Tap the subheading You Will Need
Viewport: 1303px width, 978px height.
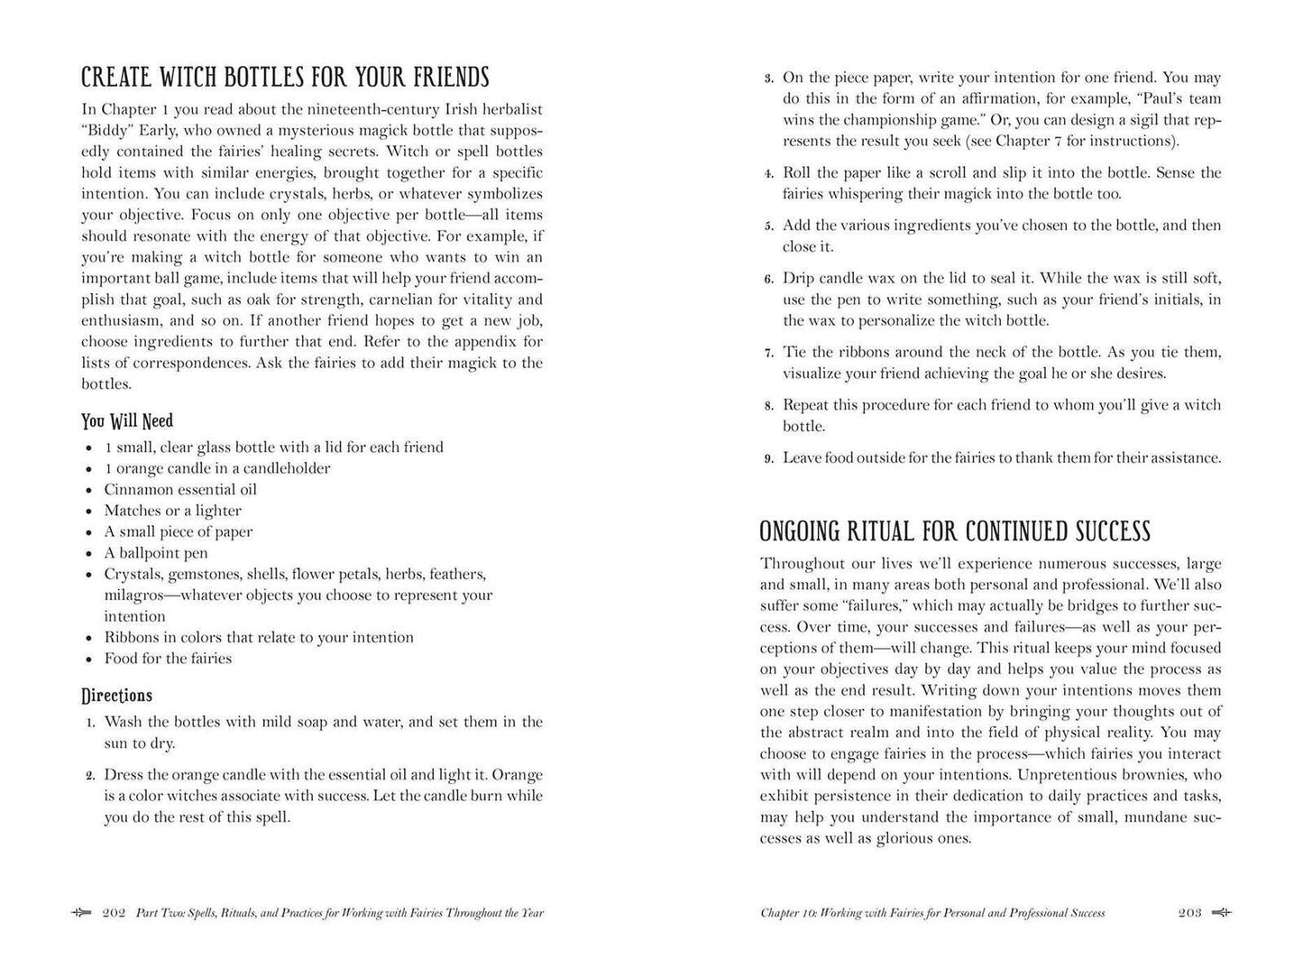[127, 420]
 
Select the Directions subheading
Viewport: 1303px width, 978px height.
[116, 696]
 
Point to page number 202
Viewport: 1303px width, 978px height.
[114, 913]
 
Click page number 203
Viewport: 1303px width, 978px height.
[1190, 913]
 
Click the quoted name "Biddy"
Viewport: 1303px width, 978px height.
[104, 130]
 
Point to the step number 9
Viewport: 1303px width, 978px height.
[768, 459]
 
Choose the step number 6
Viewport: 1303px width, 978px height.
[768, 280]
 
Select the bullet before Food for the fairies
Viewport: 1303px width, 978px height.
[88, 660]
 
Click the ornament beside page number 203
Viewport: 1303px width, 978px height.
[1222, 913]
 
